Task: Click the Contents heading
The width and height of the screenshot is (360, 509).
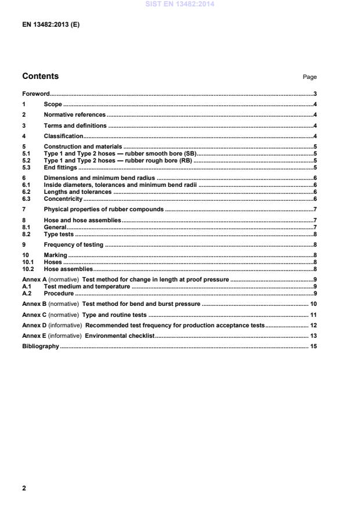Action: click(x=40, y=77)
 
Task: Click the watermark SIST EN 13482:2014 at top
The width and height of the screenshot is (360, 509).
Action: click(x=179, y=4)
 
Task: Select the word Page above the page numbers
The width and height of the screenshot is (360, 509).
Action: click(x=309, y=77)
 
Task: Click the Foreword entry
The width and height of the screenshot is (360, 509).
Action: click(x=35, y=93)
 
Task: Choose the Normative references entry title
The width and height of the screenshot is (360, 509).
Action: click(x=75, y=115)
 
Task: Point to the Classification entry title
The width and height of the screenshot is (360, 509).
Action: click(x=63, y=136)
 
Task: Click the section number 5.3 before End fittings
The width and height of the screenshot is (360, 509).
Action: click(x=27, y=167)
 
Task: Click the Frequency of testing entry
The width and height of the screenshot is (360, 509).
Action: click(x=73, y=245)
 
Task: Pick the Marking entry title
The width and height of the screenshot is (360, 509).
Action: click(x=56, y=255)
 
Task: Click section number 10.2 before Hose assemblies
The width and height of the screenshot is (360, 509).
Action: click(x=28, y=269)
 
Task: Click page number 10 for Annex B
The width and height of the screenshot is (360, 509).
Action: click(x=313, y=304)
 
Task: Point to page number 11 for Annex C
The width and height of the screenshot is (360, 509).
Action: click(x=313, y=315)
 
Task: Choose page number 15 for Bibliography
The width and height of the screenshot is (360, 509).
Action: click(x=313, y=346)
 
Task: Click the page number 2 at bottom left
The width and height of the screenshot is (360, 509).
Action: click(x=24, y=489)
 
